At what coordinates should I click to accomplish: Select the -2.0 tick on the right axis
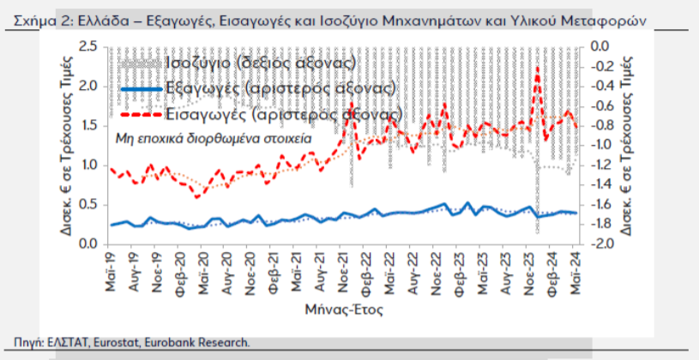597,244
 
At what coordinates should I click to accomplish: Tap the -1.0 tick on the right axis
597,145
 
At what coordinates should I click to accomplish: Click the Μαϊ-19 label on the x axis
111,274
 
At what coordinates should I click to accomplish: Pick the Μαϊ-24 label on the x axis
574,274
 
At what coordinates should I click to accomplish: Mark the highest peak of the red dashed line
537,69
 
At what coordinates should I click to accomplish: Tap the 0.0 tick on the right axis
597,46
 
